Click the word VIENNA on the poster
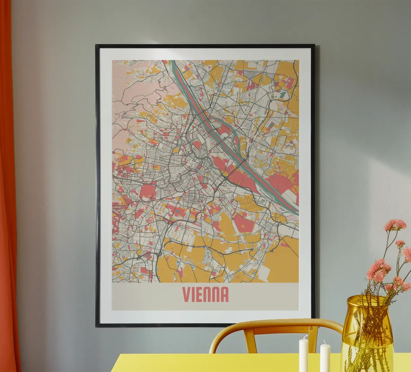205,294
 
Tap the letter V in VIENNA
186,294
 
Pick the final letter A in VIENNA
224,294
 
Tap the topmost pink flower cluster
395,224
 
